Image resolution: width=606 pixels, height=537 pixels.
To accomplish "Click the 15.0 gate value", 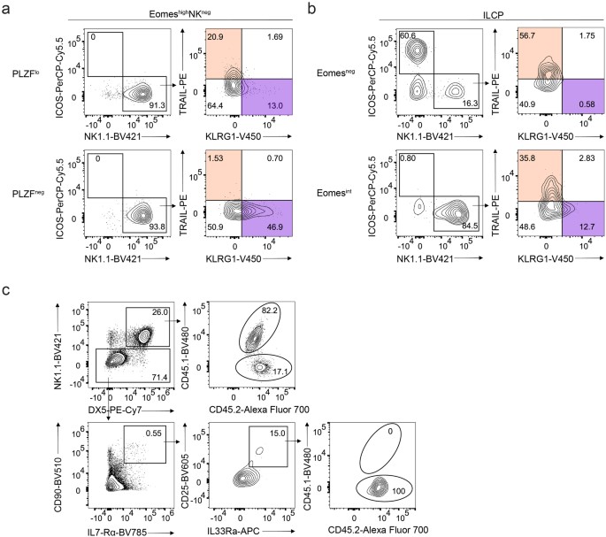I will click(275, 433).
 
